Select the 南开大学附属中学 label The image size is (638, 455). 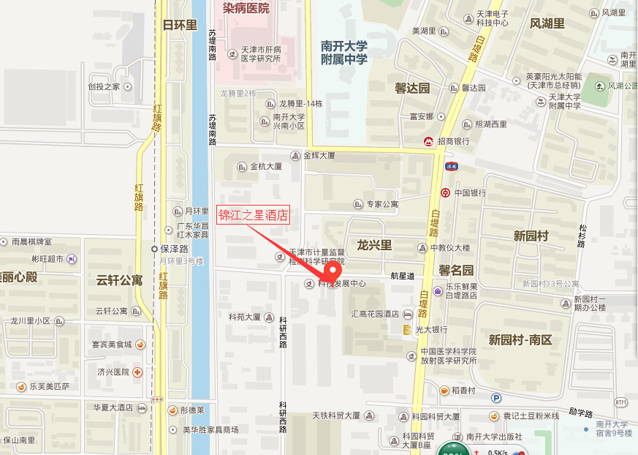click(x=343, y=52)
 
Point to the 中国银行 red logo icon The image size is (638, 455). click(x=444, y=193)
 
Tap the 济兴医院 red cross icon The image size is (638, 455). click(x=137, y=372)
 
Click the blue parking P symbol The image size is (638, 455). click(x=496, y=398)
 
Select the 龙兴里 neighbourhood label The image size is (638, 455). click(x=374, y=244)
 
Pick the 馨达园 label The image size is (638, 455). click(x=412, y=88)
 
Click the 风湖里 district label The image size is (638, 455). click(x=547, y=24)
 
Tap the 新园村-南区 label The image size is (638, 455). click(x=520, y=339)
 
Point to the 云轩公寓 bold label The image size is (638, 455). click(x=119, y=279)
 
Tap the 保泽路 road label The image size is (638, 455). click(x=174, y=248)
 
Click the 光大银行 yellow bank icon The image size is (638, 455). click(x=406, y=330)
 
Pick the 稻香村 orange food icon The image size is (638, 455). click(x=444, y=390)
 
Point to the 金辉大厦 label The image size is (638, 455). click(x=317, y=155)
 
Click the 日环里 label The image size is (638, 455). click(x=180, y=25)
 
